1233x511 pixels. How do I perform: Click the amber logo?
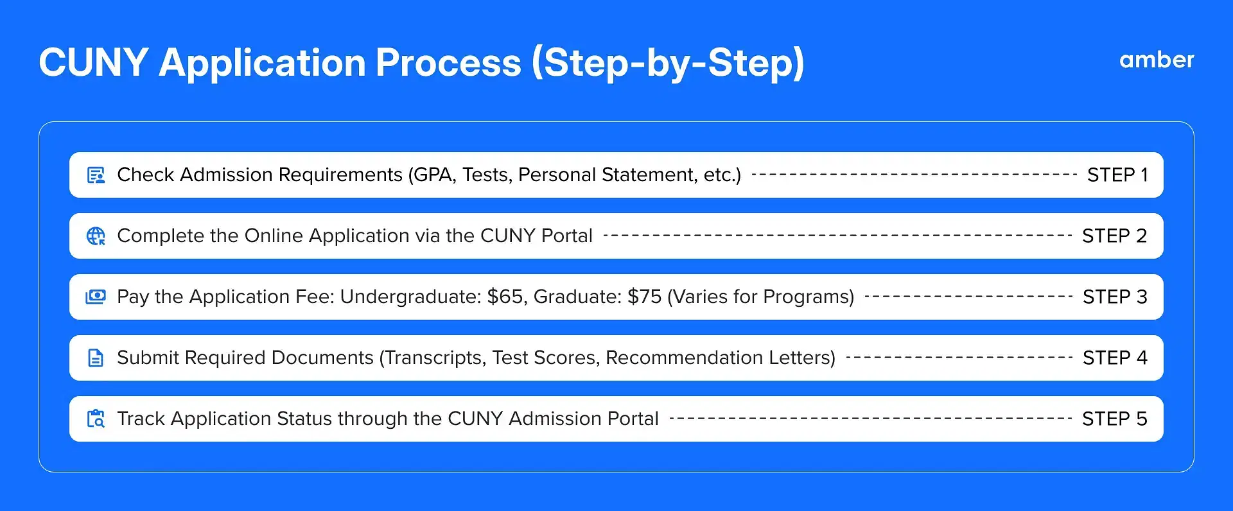[x=1157, y=60]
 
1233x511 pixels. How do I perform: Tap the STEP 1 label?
[x=1117, y=175]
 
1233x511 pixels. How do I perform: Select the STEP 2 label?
[x=1115, y=236]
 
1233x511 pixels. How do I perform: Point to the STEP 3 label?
[x=1115, y=297]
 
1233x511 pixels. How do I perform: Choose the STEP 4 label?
[x=1115, y=358]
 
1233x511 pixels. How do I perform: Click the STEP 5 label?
[x=1115, y=419]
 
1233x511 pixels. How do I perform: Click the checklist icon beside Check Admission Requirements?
[x=96, y=175]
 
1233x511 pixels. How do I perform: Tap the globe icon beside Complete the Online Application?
[x=96, y=236]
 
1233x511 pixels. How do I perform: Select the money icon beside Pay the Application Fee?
[x=96, y=297]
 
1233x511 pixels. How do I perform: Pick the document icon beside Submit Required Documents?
[x=96, y=358]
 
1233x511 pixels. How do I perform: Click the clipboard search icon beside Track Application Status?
[x=96, y=419]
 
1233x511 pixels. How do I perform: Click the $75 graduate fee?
[x=644, y=297]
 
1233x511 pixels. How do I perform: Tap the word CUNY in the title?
[x=94, y=62]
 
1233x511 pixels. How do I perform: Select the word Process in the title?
[x=448, y=62]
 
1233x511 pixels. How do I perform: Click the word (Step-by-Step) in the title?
[x=668, y=64]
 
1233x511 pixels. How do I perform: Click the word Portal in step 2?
[x=567, y=236]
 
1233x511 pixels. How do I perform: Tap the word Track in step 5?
[x=141, y=419]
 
